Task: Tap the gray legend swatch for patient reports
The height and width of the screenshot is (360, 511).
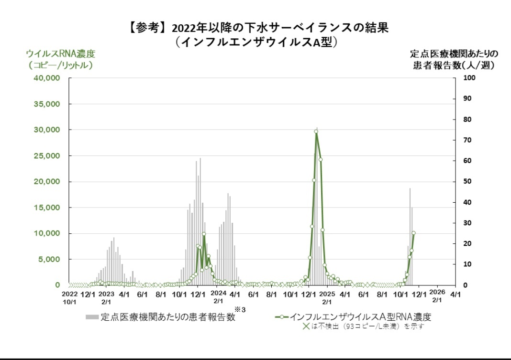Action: (92, 317)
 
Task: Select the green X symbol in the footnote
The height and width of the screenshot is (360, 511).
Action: (307, 327)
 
